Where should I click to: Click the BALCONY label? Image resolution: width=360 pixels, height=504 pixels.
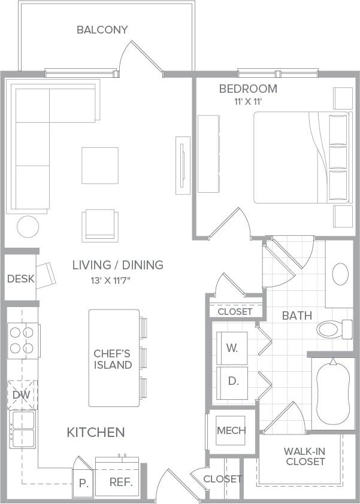tap(102, 29)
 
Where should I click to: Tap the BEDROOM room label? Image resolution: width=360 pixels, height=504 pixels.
tap(247, 89)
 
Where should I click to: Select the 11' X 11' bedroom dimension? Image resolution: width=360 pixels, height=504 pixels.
tap(248, 102)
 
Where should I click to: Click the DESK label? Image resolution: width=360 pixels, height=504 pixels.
tap(20, 279)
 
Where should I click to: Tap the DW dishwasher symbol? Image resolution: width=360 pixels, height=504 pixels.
tap(22, 394)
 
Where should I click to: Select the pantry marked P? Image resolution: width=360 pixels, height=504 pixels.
tap(83, 484)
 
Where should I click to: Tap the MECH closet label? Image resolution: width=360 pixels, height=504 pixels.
tap(231, 430)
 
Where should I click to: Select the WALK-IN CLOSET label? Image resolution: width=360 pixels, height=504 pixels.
tap(305, 456)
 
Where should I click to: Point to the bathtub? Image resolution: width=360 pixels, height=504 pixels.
tap(331, 390)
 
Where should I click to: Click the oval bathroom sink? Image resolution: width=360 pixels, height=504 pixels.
tap(340, 274)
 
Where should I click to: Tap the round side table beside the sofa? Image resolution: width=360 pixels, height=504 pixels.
tap(28, 226)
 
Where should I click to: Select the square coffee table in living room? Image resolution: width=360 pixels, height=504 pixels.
tap(100, 165)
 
